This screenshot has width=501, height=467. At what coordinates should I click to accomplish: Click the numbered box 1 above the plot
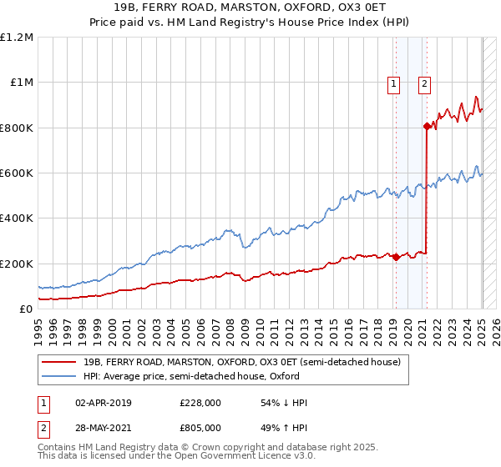(393, 83)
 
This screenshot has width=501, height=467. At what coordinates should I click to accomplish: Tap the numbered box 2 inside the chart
(425, 83)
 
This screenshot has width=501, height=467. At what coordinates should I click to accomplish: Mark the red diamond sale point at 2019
(395, 258)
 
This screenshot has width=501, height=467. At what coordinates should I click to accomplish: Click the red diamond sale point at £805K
(427, 127)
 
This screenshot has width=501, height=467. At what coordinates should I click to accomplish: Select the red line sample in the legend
(59, 362)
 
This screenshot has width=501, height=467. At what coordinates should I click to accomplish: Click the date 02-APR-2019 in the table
(103, 403)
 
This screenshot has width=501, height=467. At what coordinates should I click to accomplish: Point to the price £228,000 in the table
(200, 403)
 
